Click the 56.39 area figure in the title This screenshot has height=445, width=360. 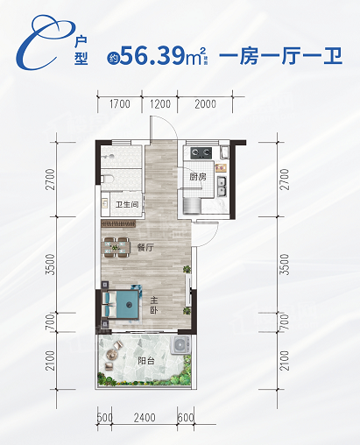152,55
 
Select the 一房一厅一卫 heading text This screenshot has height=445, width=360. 280,55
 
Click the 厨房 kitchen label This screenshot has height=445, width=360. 198,177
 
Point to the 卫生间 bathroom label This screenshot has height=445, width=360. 127,204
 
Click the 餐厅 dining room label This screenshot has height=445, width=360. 145,248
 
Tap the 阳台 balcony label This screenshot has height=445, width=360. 146,361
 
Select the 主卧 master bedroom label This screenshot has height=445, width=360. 154,305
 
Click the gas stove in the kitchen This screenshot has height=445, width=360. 201,152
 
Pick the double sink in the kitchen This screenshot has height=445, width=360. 222,187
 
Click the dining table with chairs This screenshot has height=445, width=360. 116,247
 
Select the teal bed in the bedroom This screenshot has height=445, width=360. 120,304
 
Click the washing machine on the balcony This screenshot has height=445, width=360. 180,345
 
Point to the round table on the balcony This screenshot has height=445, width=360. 111,355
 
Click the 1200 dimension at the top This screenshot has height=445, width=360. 160,104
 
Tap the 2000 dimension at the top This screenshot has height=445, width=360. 206,104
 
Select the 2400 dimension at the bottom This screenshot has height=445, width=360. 145,418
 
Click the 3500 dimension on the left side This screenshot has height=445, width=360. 51,265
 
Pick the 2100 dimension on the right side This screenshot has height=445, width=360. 285,361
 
